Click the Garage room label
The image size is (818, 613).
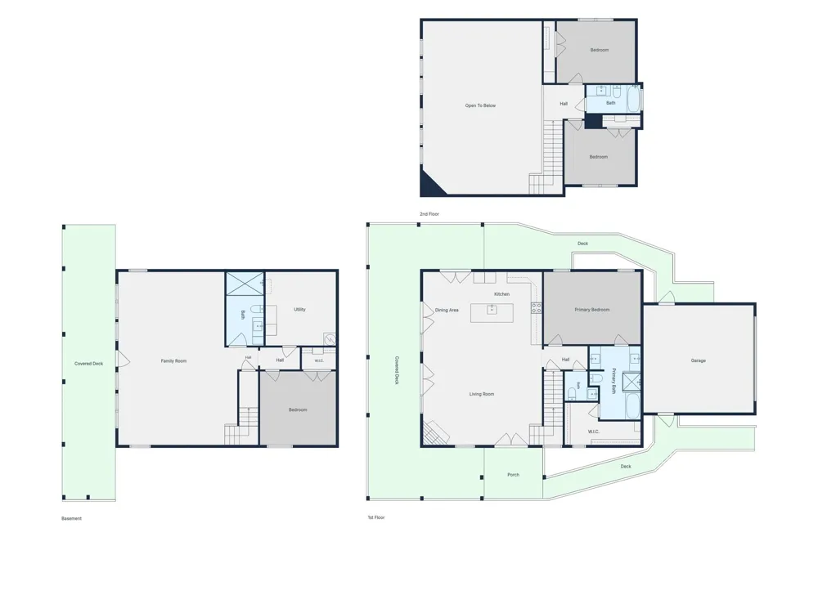pyautogui.click(x=698, y=360)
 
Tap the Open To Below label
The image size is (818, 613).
pyautogui.click(x=480, y=105)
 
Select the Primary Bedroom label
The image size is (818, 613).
pyautogui.click(x=592, y=310)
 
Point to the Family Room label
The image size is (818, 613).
pyautogui.click(x=173, y=361)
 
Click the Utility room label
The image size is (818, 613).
pyautogui.click(x=299, y=310)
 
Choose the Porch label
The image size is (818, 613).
pyautogui.click(x=514, y=475)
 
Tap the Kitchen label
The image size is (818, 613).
pyautogui.click(x=502, y=294)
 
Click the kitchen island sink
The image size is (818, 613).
pyautogui.click(x=492, y=309)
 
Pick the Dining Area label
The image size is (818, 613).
pyautogui.click(x=447, y=310)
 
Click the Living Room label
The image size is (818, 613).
pyautogui.click(x=482, y=395)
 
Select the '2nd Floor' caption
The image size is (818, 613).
pyautogui.click(x=429, y=214)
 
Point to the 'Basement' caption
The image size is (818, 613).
pyautogui.click(x=71, y=519)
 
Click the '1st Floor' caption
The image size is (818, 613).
pyautogui.click(x=376, y=517)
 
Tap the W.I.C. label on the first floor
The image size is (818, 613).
pyautogui.click(x=594, y=432)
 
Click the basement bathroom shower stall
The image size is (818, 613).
pyautogui.click(x=245, y=284)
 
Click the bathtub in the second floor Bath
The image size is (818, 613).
pyautogui.click(x=633, y=99)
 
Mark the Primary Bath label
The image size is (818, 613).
pyautogui.click(x=613, y=381)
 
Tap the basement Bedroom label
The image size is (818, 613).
pyautogui.click(x=298, y=410)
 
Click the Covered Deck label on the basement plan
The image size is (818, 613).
pyautogui.click(x=88, y=364)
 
